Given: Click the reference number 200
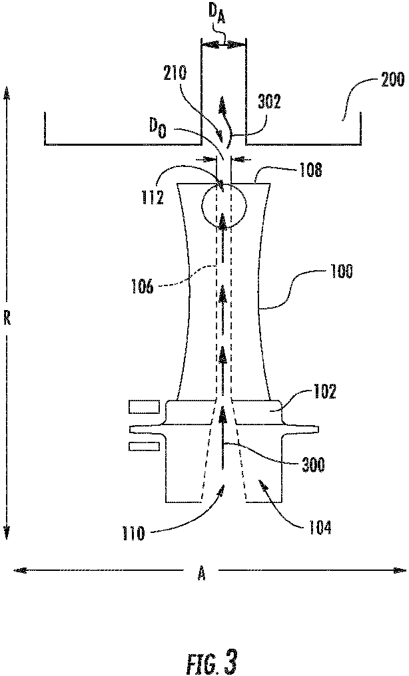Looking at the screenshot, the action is [392, 80].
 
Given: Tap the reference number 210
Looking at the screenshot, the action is [175, 73].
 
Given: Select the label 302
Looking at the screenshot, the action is [269, 102].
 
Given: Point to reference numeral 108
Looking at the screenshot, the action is [310, 170].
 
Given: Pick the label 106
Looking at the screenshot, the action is [143, 286].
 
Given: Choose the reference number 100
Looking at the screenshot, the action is [341, 271].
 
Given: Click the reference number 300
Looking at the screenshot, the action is [312, 464].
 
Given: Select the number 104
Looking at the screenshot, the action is [318, 527].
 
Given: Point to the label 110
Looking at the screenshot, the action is [134, 534].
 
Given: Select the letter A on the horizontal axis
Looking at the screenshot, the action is [201, 574].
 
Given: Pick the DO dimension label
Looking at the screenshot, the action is [157, 128].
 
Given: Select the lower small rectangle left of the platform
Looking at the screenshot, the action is [145, 446].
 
